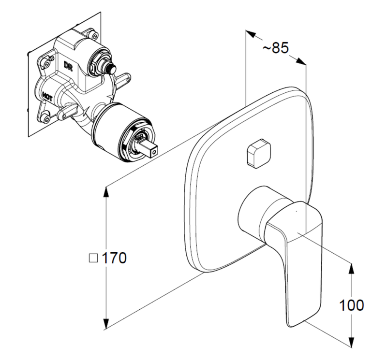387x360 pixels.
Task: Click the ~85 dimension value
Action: pos(275,49)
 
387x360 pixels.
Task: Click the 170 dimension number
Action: pos(114,258)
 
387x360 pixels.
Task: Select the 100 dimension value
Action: pos(352,305)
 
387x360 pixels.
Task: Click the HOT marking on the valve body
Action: pos(47,96)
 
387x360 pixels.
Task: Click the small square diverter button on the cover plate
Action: pos(257,153)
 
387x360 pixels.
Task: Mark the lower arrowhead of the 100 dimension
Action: pos(351,342)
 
